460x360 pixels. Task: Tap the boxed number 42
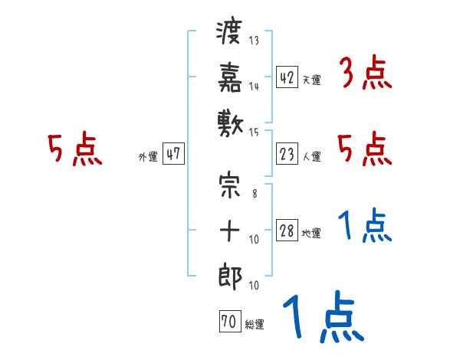point(287,77)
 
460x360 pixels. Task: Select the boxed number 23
point(287,154)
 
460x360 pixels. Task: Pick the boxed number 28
point(287,231)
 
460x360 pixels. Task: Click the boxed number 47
point(173,154)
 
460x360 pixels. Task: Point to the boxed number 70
point(228,322)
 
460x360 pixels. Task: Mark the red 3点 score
point(364,74)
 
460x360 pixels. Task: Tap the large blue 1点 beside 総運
point(322,318)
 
